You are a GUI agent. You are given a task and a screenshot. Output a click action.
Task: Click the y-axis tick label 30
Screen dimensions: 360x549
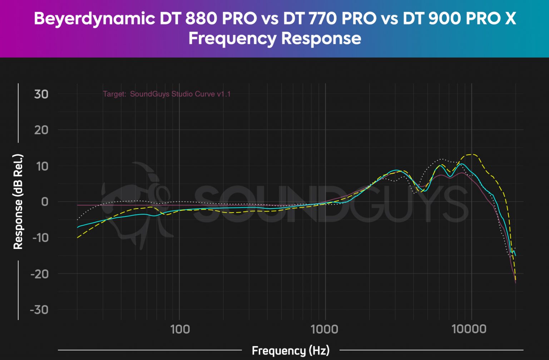point(41,94)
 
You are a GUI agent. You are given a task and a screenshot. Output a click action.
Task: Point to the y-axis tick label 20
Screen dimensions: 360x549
point(41,130)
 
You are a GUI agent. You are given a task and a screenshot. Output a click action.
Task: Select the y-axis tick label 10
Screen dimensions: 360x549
point(41,166)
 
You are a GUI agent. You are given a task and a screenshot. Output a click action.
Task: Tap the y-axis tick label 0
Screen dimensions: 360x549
point(44,202)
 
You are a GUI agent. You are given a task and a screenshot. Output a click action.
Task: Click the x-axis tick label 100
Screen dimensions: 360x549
point(180,329)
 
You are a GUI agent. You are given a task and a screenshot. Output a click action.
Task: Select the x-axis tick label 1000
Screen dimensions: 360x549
point(325,329)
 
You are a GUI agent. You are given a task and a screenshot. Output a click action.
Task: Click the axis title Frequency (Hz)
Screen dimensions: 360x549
point(290,351)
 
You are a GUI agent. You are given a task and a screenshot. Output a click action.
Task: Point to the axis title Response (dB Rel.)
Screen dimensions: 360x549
point(18,202)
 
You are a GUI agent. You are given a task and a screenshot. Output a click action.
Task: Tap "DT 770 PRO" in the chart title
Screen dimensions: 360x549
point(330,18)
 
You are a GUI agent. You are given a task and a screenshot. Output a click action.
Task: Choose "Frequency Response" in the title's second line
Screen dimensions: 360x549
point(274,38)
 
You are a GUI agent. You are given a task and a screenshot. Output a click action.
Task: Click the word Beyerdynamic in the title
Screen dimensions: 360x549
point(94,18)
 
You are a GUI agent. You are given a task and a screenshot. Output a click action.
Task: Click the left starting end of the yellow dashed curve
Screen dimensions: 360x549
point(78,237)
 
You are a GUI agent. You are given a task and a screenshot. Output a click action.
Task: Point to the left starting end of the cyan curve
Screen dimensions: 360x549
point(78,227)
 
